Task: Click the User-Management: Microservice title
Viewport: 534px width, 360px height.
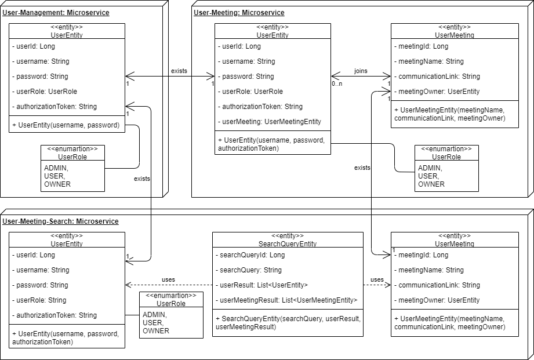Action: point(56,13)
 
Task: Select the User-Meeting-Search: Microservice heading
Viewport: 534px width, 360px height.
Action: point(60,221)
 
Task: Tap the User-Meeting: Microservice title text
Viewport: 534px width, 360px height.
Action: point(239,13)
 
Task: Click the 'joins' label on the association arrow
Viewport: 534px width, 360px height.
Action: point(361,71)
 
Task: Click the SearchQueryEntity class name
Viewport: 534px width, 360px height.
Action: point(288,244)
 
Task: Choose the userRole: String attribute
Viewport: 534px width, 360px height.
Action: point(39,300)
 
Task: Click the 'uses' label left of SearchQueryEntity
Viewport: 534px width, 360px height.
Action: point(168,279)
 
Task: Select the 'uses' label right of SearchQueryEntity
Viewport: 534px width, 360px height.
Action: point(377,279)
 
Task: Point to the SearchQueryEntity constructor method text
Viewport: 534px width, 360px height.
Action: point(288,323)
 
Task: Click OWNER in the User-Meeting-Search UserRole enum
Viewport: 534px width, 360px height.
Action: point(156,331)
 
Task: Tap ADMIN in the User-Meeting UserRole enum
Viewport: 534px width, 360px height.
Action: point(430,168)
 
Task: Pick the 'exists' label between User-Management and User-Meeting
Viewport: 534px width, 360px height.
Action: point(179,71)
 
